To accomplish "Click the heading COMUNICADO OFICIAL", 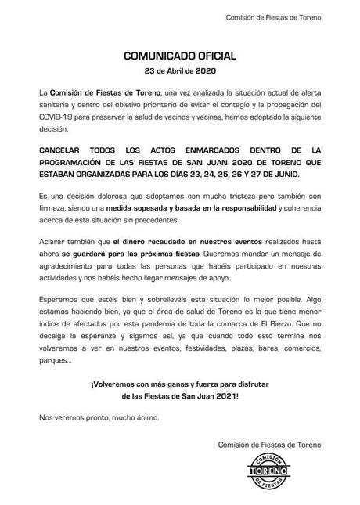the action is coord(180,56).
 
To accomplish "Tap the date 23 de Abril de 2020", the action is coord(179,70).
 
